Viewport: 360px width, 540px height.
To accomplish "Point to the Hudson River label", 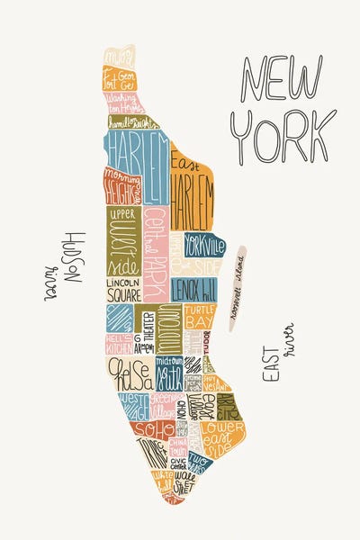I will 69,266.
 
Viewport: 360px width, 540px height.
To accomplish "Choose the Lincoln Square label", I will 123,288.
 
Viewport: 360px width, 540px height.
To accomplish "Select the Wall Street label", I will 186,482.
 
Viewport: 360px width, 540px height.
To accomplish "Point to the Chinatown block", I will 179,445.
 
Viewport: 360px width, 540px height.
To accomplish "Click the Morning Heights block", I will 121,186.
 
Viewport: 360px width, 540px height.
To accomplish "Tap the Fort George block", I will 121,76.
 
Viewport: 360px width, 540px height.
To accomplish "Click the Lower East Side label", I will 221,436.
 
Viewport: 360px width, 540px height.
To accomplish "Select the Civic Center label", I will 177,463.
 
